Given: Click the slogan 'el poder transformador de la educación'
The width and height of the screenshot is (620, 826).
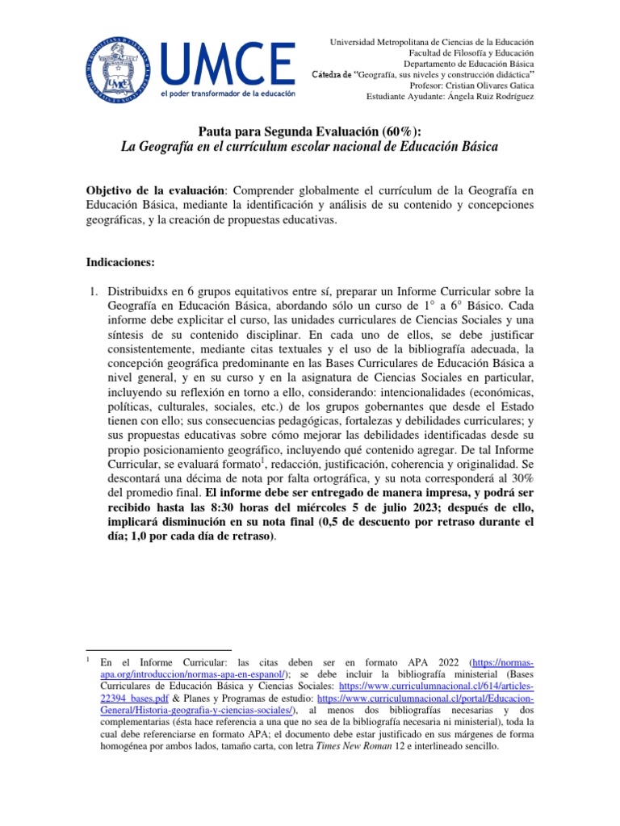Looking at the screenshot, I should coord(229,94).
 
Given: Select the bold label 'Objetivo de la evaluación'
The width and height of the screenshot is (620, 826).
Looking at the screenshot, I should coord(155,189).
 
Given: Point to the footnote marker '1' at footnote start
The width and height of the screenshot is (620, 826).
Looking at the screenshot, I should coord(87,660).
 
